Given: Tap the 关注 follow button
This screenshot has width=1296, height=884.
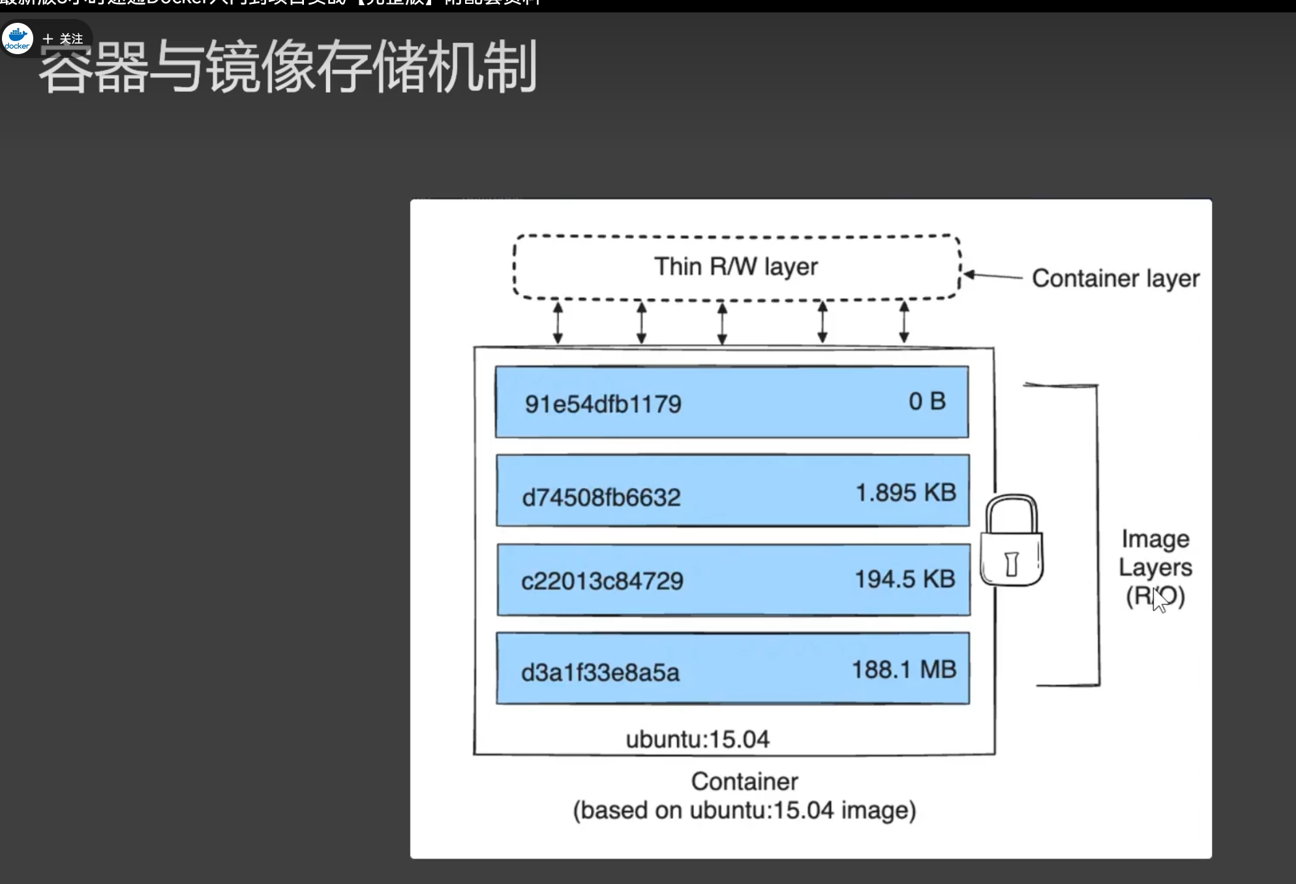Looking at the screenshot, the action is (x=64, y=39).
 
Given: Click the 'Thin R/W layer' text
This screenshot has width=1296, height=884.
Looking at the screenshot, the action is (x=736, y=267).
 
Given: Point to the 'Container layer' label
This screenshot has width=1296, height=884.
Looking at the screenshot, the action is (x=1115, y=279).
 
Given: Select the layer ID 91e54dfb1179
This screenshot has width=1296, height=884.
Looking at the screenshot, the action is (x=603, y=404).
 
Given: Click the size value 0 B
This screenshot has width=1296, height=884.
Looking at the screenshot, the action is (x=927, y=401).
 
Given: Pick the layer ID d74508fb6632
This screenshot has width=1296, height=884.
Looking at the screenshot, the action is (x=601, y=498).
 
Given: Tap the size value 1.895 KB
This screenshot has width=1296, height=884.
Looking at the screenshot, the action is (x=905, y=493).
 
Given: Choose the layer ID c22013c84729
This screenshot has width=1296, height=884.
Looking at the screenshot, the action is (x=602, y=581).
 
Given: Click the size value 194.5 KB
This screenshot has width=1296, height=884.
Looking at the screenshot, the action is (x=905, y=579).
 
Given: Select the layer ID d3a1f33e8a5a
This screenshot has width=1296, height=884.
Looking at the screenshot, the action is (x=600, y=673).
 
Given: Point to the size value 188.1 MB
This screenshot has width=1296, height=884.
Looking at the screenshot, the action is (x=904, y=670).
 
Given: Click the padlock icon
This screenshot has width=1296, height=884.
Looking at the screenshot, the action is (x=1012, y=541).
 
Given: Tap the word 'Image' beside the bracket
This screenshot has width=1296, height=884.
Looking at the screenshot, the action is (x=1155, y=540).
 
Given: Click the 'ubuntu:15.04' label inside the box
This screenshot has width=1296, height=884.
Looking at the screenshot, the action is (x=697, y=740).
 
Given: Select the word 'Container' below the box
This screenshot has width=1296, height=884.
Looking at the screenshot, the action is (x=744, y=782).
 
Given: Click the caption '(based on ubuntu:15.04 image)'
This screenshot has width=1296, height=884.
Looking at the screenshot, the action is (x=744, y=811).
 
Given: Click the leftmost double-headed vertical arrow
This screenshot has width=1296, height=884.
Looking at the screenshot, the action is (x=558, y=322).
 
